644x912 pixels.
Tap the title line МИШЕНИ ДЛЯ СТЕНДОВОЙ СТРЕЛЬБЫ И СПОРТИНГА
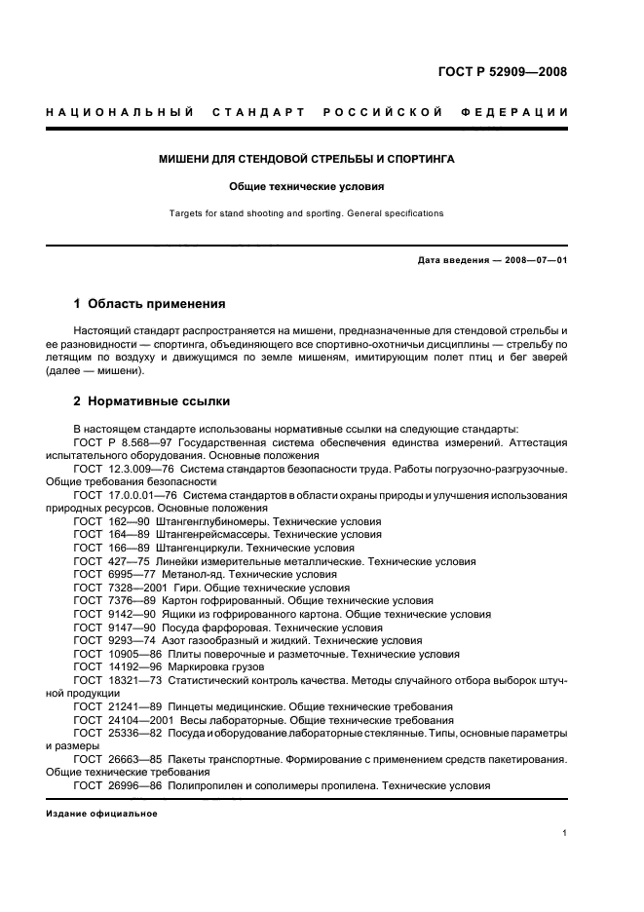coord(307,158)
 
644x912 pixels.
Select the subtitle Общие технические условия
coord(307,185)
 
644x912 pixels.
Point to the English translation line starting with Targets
coord(307,212)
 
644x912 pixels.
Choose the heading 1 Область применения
coord(149,304)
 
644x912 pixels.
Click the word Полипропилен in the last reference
coord(206,785)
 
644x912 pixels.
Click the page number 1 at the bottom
coord(565,833)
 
